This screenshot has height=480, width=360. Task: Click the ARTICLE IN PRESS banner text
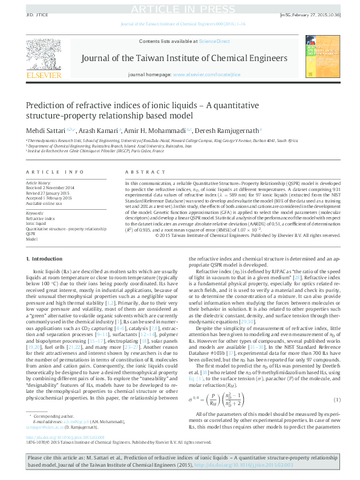(180, 7)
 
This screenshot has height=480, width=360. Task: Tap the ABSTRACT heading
(138, 172)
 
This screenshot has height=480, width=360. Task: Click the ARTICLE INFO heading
(45, 172)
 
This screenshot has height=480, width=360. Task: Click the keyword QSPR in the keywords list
(31, 234)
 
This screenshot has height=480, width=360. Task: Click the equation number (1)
(336, 400)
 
